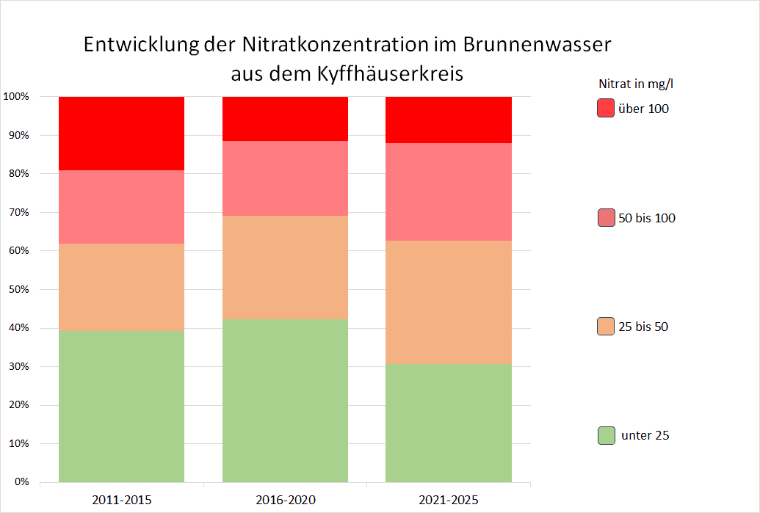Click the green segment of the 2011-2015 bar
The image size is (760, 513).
click(121, 407)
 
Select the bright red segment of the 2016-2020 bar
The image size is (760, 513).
click(285, 118)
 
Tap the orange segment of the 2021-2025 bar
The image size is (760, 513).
click(449, 302)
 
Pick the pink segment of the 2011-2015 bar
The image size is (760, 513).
click(121, 207)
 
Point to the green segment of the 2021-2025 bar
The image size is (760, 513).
click(449, 423)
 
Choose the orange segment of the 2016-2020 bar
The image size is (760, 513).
click(285, 267)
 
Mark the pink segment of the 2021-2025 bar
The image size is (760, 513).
click(449, 192)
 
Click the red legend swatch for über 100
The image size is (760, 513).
click(606, 109)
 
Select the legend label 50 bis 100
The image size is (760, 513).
click(647, 218)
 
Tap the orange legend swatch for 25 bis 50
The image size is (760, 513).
click(606, 327)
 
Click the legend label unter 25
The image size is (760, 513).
click(645, 435)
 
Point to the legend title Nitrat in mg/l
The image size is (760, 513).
click(636, 83)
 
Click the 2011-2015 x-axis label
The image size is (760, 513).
click(122, 501)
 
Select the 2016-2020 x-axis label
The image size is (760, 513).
click(286, 501)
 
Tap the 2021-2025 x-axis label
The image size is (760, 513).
click(449, 501)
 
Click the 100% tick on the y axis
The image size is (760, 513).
click(15, 97)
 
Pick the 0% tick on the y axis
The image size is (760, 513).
click(20, 482)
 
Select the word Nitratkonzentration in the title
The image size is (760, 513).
click(330, 45)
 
